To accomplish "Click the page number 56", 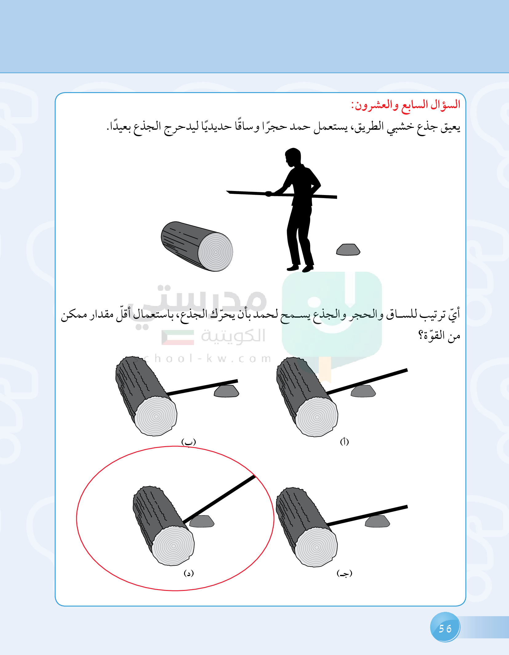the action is point(445,629).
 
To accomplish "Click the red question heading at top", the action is point(406,105).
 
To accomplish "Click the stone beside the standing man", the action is point(348,250).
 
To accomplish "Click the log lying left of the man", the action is point(197,246).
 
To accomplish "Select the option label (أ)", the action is point(344,442).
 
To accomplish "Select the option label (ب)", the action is point(189,442).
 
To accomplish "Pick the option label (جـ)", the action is point(344,573).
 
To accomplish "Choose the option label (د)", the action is point(189,573).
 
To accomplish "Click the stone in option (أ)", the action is point(363,391).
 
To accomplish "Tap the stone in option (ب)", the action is point(226,391).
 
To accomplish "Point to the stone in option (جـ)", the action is point(377,522).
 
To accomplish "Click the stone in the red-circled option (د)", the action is point(202,521).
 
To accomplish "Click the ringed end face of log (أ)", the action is point(317,417).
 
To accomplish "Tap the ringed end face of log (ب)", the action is point(156,416).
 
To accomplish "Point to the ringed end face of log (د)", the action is point(173,546).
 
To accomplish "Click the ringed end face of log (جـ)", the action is point(316,547).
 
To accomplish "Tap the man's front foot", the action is point(293,268).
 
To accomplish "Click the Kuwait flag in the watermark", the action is point(178,337).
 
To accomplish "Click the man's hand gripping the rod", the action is point(269,193).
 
